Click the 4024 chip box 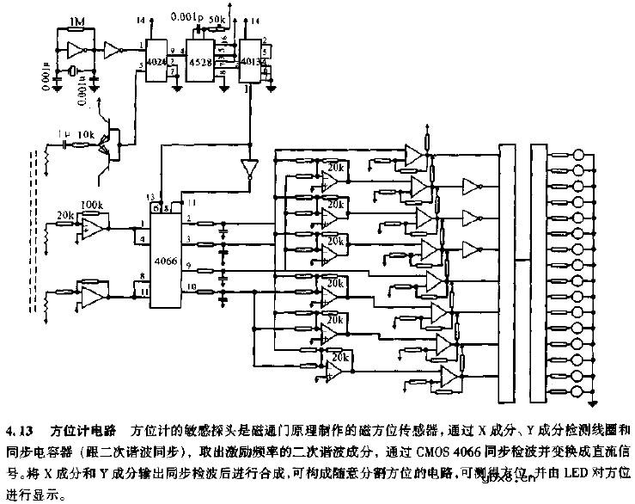coord(157,63)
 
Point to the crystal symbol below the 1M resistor coord(76,70)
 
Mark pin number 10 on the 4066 coord(190,286)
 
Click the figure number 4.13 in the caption coord(20,428)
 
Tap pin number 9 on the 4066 coord(190,266)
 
